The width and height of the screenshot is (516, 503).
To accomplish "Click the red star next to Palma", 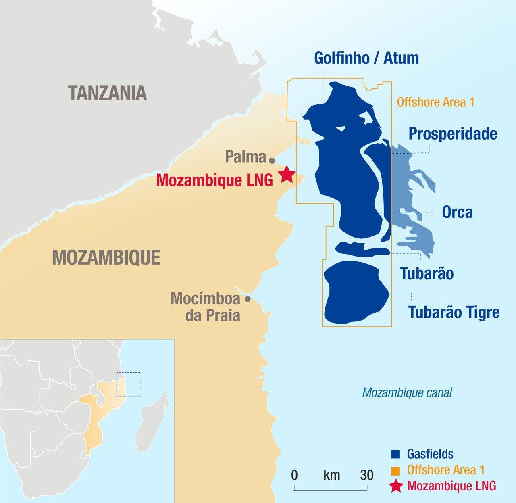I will [287, 175].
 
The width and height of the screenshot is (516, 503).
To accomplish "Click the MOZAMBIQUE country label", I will [106, 257].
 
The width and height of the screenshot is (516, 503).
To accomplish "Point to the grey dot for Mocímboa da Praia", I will [248, 299].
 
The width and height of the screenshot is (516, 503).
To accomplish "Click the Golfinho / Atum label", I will [366, 58].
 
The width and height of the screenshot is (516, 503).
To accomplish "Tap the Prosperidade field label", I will [453, 134].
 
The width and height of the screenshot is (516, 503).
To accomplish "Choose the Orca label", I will [457, 212].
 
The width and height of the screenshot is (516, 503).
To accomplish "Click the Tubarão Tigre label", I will [454, 312].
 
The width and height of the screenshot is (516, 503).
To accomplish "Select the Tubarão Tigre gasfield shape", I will [355, 292].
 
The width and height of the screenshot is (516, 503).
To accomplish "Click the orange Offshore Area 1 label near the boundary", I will [435, 102].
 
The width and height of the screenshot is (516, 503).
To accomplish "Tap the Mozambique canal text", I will [407, 392].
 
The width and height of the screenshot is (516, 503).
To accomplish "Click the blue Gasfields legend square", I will [396, 454].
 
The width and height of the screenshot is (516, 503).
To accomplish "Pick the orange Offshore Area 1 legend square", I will [396, 470].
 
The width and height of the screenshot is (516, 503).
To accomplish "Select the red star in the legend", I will [396, 486].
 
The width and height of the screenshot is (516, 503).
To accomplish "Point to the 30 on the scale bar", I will [367, 475].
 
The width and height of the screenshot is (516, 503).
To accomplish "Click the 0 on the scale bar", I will [295, 475].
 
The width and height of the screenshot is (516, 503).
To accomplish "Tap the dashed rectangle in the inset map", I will [129, 384].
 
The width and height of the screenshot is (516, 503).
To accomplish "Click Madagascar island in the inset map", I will [152, 422].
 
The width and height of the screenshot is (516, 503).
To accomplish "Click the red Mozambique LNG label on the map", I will [214, 180].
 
